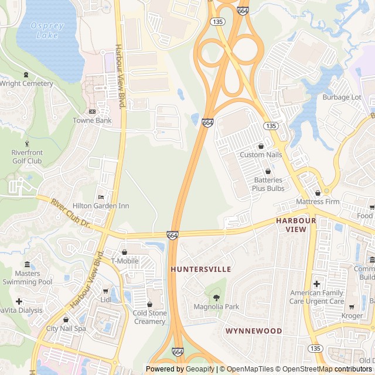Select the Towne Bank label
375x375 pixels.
(92, 121)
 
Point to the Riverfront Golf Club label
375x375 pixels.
(27, 156)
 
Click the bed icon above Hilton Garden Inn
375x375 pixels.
(101, 197)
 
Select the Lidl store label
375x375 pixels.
(105, 299)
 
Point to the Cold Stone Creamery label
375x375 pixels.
(150, 317)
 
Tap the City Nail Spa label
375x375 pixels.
(66, 328)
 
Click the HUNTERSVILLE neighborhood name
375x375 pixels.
(201, 269)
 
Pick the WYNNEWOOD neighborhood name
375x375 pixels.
(254, 330)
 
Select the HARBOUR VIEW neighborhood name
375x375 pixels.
(296, 224)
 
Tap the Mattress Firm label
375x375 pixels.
(318, 202)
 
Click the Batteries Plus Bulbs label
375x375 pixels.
(268, 184)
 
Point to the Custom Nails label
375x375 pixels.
(261, 155)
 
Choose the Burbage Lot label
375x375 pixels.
(342, 97)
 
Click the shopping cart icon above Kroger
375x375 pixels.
(352, 307)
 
